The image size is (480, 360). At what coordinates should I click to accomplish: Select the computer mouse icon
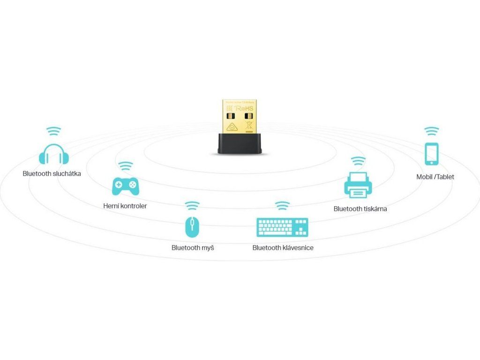[192, 226]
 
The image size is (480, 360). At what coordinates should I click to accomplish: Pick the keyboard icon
[282, 227]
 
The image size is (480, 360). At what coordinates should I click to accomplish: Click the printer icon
[359, 184]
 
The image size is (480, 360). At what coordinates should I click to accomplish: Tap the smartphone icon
[431, 154]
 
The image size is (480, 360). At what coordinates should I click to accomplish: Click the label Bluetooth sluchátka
[52, 173]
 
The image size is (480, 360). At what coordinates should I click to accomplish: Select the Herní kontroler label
[125, 206]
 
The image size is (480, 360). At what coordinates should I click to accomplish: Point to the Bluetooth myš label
[193, 247]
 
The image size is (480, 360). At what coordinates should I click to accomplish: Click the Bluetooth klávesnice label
[283, 247]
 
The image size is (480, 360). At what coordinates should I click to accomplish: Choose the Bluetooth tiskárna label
[360, 209]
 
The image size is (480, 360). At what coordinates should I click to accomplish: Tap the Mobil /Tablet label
[435, 177]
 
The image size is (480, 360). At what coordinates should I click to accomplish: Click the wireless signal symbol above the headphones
[53, 131]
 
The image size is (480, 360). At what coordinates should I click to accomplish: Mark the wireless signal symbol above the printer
[359, 161]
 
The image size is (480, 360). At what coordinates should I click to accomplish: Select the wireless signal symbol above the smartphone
[431, 131]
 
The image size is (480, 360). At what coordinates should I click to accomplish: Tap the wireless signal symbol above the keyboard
[282, 205]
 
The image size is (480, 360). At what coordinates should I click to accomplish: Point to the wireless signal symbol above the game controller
[125, 166]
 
